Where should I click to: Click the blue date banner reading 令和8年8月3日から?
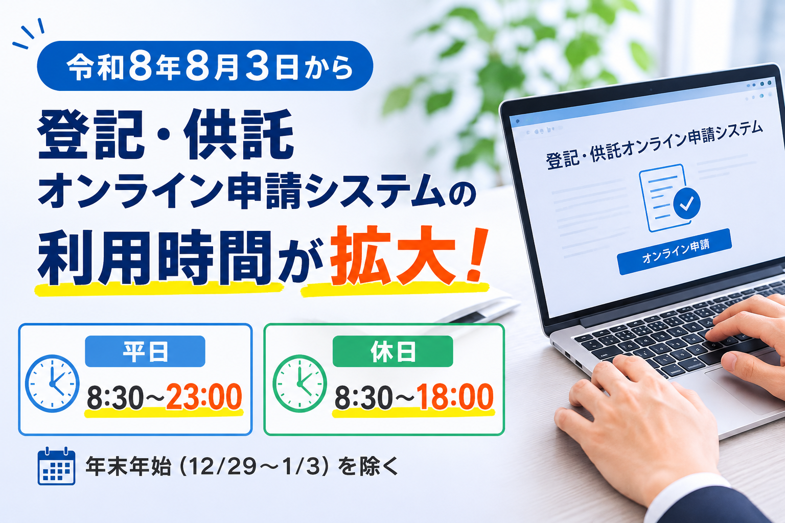click(x=205, y=66)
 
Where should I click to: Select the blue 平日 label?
click(x=145, y=351)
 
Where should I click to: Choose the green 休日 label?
click(x=393, y=351)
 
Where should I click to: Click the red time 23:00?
click(x=204, y=396)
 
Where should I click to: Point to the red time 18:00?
click(x=455, y=396)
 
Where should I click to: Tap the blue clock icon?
click(x=52, y=384)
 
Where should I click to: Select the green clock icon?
click(x=299, y=384)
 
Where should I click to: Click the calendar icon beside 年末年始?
click(x=56, y=466)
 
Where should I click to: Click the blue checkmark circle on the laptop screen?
click(x=686, y=203)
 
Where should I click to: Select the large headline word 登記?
click(x=91, y=134)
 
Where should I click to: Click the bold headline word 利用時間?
click(x=155, y=257)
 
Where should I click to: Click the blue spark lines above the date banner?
click(x=29, y=33)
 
